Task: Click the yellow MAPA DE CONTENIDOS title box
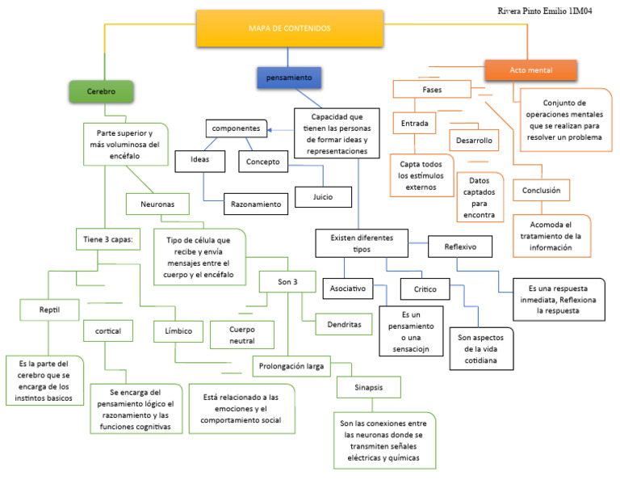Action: [x=289, y=28]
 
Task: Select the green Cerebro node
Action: [x=101, y=92]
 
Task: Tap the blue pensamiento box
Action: [x=288, y=78]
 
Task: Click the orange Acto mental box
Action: [x=531, y=71]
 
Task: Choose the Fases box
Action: [x=432, y=89]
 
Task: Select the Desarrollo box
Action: [x=474, y=140]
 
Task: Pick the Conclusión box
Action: [x=542, y=191]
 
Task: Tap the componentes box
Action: [x=237, y=128]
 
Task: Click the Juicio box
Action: [x=323, y=196]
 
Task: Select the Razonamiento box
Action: [x=254, y=204]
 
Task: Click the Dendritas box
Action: [x=344, y=324]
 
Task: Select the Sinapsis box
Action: [x=367, y=388]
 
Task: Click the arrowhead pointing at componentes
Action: [x=271, y=128]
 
